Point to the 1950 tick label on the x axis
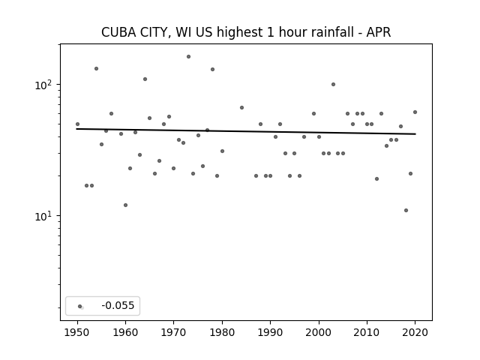pyautogui.click(x=77, y=332)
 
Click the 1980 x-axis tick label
pyautogui.click(x=222, y=332)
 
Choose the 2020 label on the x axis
pyautogui.click(x=415, y=332)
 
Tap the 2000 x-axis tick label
pyautogui.click(x=319, y=332)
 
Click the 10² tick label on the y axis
pyautogui.click(x=43, y=85)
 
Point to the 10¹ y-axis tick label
pyautogui.click(x=43, y=216)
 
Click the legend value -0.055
pyautogui.click(x=118, y=305)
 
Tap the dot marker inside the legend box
pyautogui.click(x=80, y=306)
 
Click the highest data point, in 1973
pyautogui.click(x=188, y=57)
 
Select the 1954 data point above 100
pyautogui.click(x=97, y=68)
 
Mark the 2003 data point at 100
pyautogui.click(x=333, y=85)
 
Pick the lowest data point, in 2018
pyautogui.click(x=406, y=210)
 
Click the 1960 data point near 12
pyautogui.click(x=125, y=205)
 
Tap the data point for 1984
pyautogui.click(x=241, y=108)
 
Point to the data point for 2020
pyautogui.click(x=415, y=112)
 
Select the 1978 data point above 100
pyautogui.click(x=212, y=70)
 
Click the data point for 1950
pyautogui.click(x=77, y=124)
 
